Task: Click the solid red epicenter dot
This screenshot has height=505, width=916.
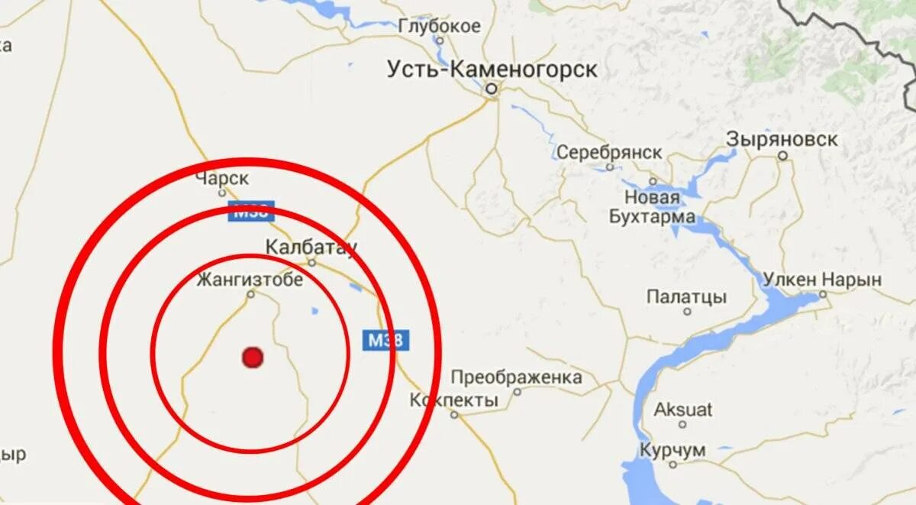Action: pos(253,357)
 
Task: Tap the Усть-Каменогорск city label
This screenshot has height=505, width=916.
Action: pos(492,70)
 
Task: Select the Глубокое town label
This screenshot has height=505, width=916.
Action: pos(440,27)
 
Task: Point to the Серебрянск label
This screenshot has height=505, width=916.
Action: pos(609,152)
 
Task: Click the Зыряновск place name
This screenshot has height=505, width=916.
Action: pos(782,140)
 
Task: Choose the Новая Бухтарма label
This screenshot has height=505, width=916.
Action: pos(652,207)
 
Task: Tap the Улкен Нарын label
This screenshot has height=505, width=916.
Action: pos(822,280)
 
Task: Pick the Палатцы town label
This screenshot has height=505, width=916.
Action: pos(686,297)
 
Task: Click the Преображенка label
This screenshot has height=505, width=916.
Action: pos(516,377)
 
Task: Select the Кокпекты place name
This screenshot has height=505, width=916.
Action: pos(453,400)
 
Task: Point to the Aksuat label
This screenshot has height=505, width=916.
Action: pos(682,410)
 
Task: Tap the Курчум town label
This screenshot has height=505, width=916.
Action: pos(672,450)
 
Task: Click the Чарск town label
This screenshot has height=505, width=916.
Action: pos(222,179)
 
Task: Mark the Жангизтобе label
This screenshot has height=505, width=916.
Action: pos(250,280)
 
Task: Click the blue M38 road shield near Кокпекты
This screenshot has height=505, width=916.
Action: pos(385,340)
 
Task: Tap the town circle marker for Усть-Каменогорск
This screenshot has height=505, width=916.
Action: pos(492,89)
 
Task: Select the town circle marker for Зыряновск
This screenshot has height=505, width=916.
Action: pos(782,155)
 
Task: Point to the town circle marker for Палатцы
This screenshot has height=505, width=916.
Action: pos(687,311)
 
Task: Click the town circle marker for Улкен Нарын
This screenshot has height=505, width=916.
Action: pos(823,293)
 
